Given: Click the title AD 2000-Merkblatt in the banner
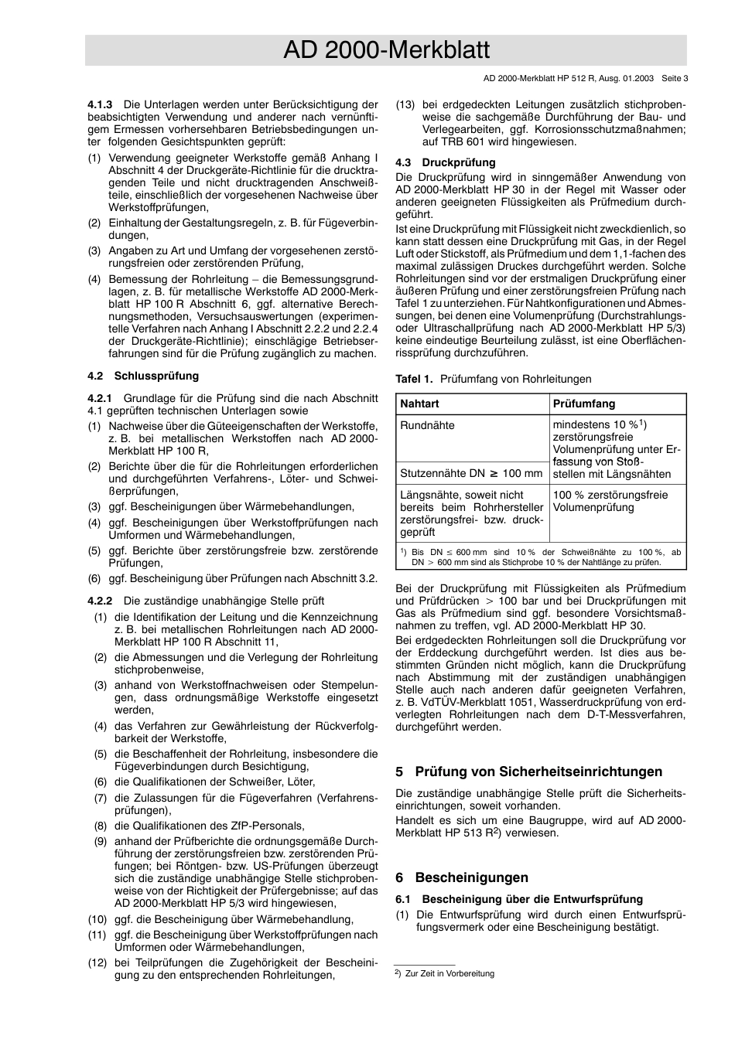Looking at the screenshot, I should pyautogui.click(x=386, y=50).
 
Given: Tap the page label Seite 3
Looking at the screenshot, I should pyautogui.click(x=675, y=78).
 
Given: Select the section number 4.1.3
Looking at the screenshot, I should pyautogui.click(x=101, y=104).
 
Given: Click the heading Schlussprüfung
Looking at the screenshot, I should pyautogui.click(x=156, y=376).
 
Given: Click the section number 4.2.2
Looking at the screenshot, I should pyautogui.click(x=101, y=601).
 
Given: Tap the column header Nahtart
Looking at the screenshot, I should pyautogui.click(x=419, y=404).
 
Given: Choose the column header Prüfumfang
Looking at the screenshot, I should pyautogui.click(x=584, y=404).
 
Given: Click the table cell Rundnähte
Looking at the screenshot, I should pyautogui.click(x=427, y=425).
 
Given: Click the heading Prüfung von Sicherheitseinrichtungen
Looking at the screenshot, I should pyautogui.click(x=538, y=772).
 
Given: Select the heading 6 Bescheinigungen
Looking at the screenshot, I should pyautogui.click(x=462, y=877).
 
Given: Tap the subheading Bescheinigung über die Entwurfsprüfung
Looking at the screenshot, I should pyautogui.click(x=532, y=899).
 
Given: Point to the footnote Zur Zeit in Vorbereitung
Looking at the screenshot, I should pyautogui.click(x=450, y=973).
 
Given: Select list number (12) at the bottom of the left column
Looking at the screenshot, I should pyautogui.click(x=97, y=962).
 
